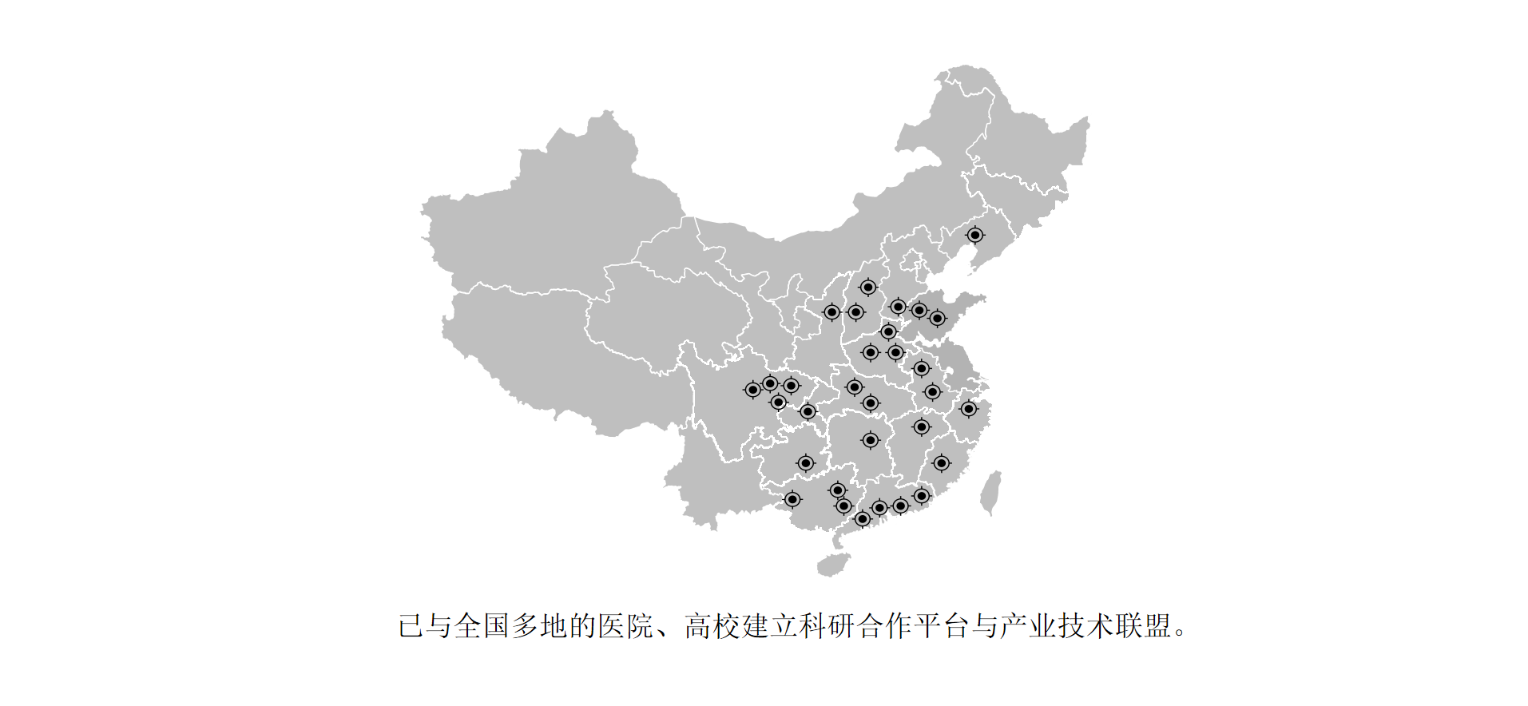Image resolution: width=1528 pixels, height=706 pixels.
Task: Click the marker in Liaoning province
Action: click(974, 235)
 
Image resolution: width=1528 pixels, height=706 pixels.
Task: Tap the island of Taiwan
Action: click(990, 492)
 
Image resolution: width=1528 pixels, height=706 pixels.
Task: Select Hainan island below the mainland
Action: click(833, 564)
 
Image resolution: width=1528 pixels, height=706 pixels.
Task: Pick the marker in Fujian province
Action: click(942, 463)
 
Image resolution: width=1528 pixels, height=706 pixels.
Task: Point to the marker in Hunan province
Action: click(870, 440)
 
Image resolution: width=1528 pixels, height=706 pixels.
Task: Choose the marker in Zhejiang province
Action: click(968, 409)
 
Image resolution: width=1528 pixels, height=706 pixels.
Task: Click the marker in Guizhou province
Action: click(806, 463)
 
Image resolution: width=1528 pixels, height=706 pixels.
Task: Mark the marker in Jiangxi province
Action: click(921, 427)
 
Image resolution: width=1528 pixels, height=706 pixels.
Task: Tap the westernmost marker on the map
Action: click(752, 390)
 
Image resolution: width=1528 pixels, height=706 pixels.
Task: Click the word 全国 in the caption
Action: click(482, 626)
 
